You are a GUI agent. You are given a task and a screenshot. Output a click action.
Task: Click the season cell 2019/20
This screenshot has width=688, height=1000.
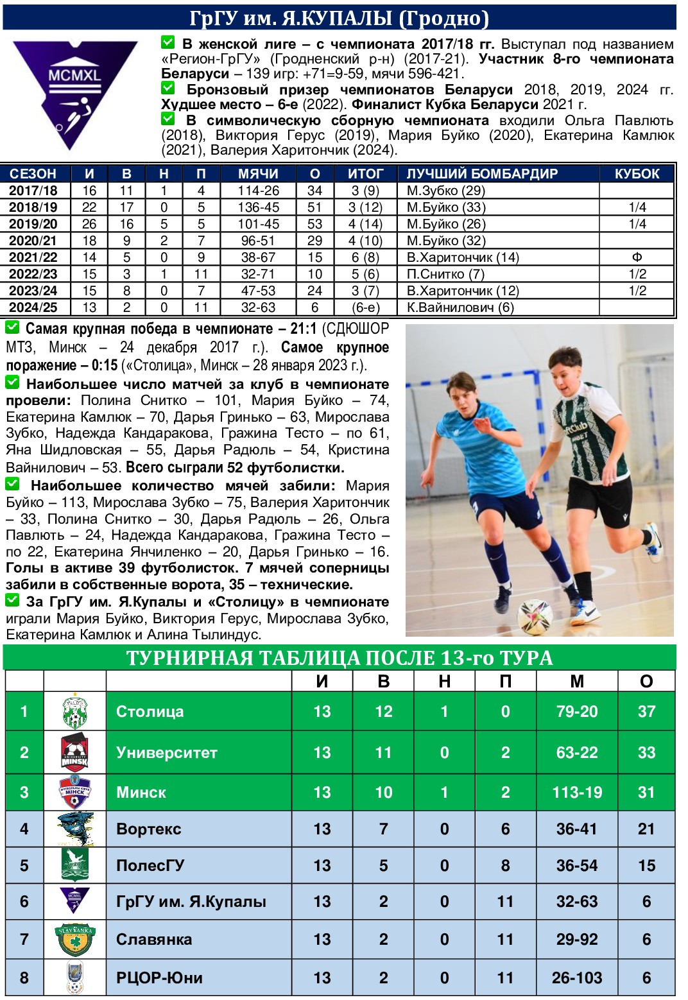[33, 224]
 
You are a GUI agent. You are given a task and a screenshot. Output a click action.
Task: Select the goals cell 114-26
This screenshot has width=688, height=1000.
[258, 191]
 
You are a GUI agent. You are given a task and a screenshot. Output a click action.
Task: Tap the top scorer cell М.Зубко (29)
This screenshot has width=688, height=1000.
[445, 191]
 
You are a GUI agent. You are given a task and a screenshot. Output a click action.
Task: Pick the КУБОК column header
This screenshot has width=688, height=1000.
[637, 174]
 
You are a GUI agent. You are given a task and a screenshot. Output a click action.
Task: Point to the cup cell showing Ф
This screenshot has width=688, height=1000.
[637, 257]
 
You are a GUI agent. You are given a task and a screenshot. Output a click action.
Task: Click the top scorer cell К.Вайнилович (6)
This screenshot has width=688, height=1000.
[460, 307]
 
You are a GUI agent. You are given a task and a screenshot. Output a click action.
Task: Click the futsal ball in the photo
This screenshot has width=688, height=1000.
[535, 616]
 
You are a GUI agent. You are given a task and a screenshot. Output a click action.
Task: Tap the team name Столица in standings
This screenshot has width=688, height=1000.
[150, 712]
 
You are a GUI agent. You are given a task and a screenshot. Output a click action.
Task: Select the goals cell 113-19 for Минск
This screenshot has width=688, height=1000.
[577, 793]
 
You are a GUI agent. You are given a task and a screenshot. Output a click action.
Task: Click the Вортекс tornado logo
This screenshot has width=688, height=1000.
[75, 829]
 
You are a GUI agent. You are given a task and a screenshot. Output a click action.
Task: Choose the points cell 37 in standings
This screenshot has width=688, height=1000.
[646, 712]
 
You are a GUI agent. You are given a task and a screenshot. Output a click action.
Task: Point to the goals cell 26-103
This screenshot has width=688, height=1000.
[577, 978]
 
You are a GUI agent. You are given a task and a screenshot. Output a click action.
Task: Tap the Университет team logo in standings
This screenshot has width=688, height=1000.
[75, 752]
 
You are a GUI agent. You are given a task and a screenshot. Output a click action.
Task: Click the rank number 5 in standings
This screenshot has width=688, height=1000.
[24, 866]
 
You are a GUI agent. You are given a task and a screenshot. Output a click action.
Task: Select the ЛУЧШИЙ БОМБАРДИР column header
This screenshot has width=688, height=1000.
[482, 174]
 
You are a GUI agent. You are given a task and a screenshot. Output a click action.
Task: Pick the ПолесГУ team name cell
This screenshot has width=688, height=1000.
[150, 866]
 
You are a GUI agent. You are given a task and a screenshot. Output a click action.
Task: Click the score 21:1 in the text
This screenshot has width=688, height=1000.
[303, 329]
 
